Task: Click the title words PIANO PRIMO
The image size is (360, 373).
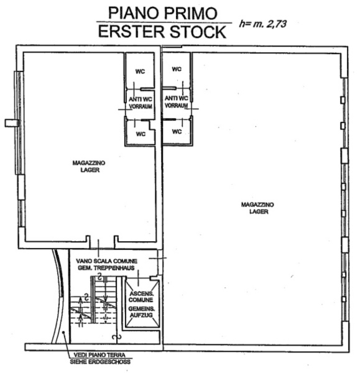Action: click(x=163, y=13)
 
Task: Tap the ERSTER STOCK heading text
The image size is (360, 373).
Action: click(x=162, y=32)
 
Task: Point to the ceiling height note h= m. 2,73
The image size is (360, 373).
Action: click(x=262, y=24)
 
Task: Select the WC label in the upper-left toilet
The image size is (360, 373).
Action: click(x=140, y=71)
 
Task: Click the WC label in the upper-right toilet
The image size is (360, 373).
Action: click(x=177, y=69)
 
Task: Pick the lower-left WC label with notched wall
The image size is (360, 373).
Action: click(x=141, y=134)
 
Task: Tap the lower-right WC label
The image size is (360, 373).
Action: click(x=177, y=132)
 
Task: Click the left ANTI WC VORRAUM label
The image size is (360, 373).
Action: click(x=141, y=103)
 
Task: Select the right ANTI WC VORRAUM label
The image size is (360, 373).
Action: click(x=177, y=102)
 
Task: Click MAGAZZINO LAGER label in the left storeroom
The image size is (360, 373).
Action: click(x=89, y=167)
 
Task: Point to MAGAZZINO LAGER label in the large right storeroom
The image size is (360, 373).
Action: click(x=257, y=208)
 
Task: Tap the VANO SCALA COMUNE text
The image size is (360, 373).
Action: click(x=106, y=261)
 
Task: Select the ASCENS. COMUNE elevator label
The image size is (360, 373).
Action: click(x=141, y=297)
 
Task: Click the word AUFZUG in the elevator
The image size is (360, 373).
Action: click(x=141, y=315)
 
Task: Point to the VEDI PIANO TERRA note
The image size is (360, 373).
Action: click(x=99, y=355)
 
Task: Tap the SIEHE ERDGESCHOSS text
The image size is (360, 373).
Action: click(x=100, y=362)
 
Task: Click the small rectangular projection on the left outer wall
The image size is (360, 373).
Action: click(x=12, y=123)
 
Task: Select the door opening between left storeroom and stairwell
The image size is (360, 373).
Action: click(x=102, y=242)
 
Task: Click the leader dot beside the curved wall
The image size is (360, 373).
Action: click(x=63, y=333)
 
